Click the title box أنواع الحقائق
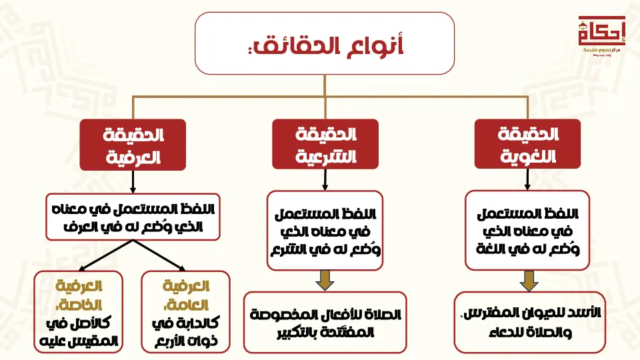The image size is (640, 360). pos(325,43)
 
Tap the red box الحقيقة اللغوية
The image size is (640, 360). pos(528,143)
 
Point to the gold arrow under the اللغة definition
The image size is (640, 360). pos(529,280)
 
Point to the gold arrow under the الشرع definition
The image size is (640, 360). pos(325,280)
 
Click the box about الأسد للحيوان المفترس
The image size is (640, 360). pos(529,322)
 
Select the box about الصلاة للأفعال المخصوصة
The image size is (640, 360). pos(325,322)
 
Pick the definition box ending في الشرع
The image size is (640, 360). pos(325,230)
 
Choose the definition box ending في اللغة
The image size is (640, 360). pos(527,230)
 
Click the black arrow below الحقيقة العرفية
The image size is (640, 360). pos(133,181)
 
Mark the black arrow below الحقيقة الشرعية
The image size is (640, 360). pos(325,179)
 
